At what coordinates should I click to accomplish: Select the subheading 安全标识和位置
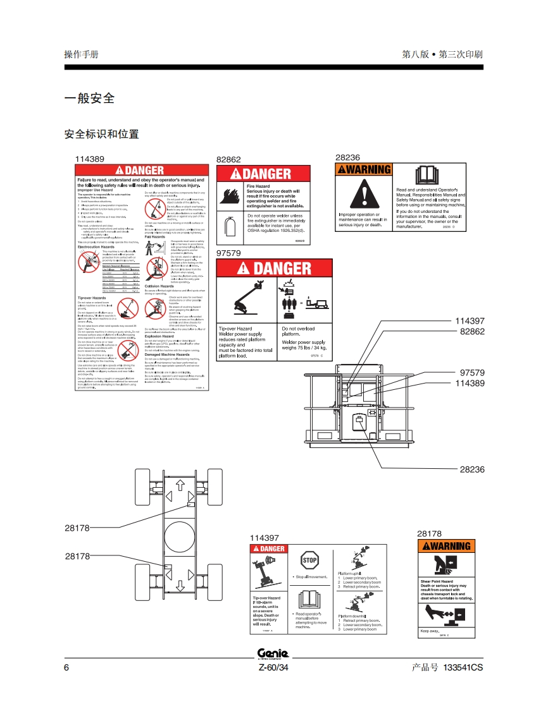pos(101,134)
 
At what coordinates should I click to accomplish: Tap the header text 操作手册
pos(82,54)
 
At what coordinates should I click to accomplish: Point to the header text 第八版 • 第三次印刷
pos(442,54)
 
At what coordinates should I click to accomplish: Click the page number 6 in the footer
pos(66,668)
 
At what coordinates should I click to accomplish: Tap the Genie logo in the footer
pos(273,654)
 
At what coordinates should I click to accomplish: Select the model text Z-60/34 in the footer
pos(273,668)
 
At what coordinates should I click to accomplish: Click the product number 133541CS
pos(463,668)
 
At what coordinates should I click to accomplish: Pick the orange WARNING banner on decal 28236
pos(364,169)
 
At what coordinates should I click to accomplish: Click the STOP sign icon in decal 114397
pos(309,560)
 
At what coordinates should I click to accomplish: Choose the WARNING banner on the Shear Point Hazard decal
pos(447,546)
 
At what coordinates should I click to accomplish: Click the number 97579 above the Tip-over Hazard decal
pos(228,253)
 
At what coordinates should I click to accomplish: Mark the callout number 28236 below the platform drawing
pos(472,470)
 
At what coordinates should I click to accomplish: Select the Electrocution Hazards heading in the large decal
pos(96,247)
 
